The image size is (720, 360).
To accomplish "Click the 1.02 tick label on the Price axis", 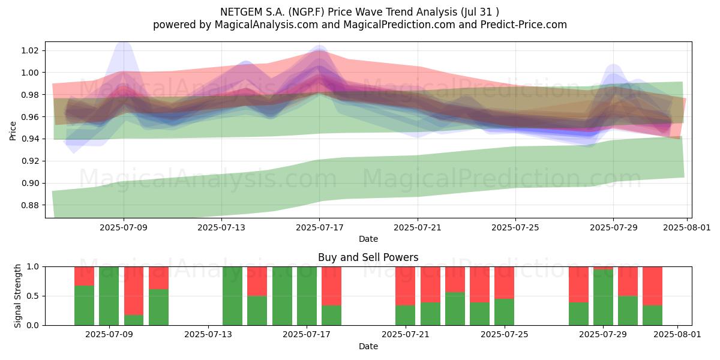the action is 30,50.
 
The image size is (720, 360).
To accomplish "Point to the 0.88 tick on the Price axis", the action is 30,205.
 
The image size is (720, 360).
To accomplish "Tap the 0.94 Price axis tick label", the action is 30,139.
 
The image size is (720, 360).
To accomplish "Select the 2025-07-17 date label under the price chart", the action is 319,227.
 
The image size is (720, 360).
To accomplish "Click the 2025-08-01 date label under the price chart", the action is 687,227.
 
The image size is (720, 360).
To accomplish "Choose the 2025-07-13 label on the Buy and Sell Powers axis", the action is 208,334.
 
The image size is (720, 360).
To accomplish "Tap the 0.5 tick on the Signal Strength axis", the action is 32,296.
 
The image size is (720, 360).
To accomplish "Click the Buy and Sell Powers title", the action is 368,257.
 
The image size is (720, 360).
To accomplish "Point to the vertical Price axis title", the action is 13,131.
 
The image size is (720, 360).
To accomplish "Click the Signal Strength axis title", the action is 17,296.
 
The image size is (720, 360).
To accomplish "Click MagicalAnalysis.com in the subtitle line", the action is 266,25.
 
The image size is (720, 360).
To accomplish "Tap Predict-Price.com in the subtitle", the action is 524,25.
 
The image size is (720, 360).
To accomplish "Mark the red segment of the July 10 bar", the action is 134,290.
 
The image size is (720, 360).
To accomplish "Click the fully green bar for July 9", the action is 109,296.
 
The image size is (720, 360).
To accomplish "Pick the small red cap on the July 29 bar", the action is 604,268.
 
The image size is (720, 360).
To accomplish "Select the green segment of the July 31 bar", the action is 653,316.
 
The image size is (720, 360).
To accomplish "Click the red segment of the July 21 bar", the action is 406,286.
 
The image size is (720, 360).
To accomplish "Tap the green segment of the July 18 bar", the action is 331,316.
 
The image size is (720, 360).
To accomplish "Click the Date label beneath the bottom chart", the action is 368,346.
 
